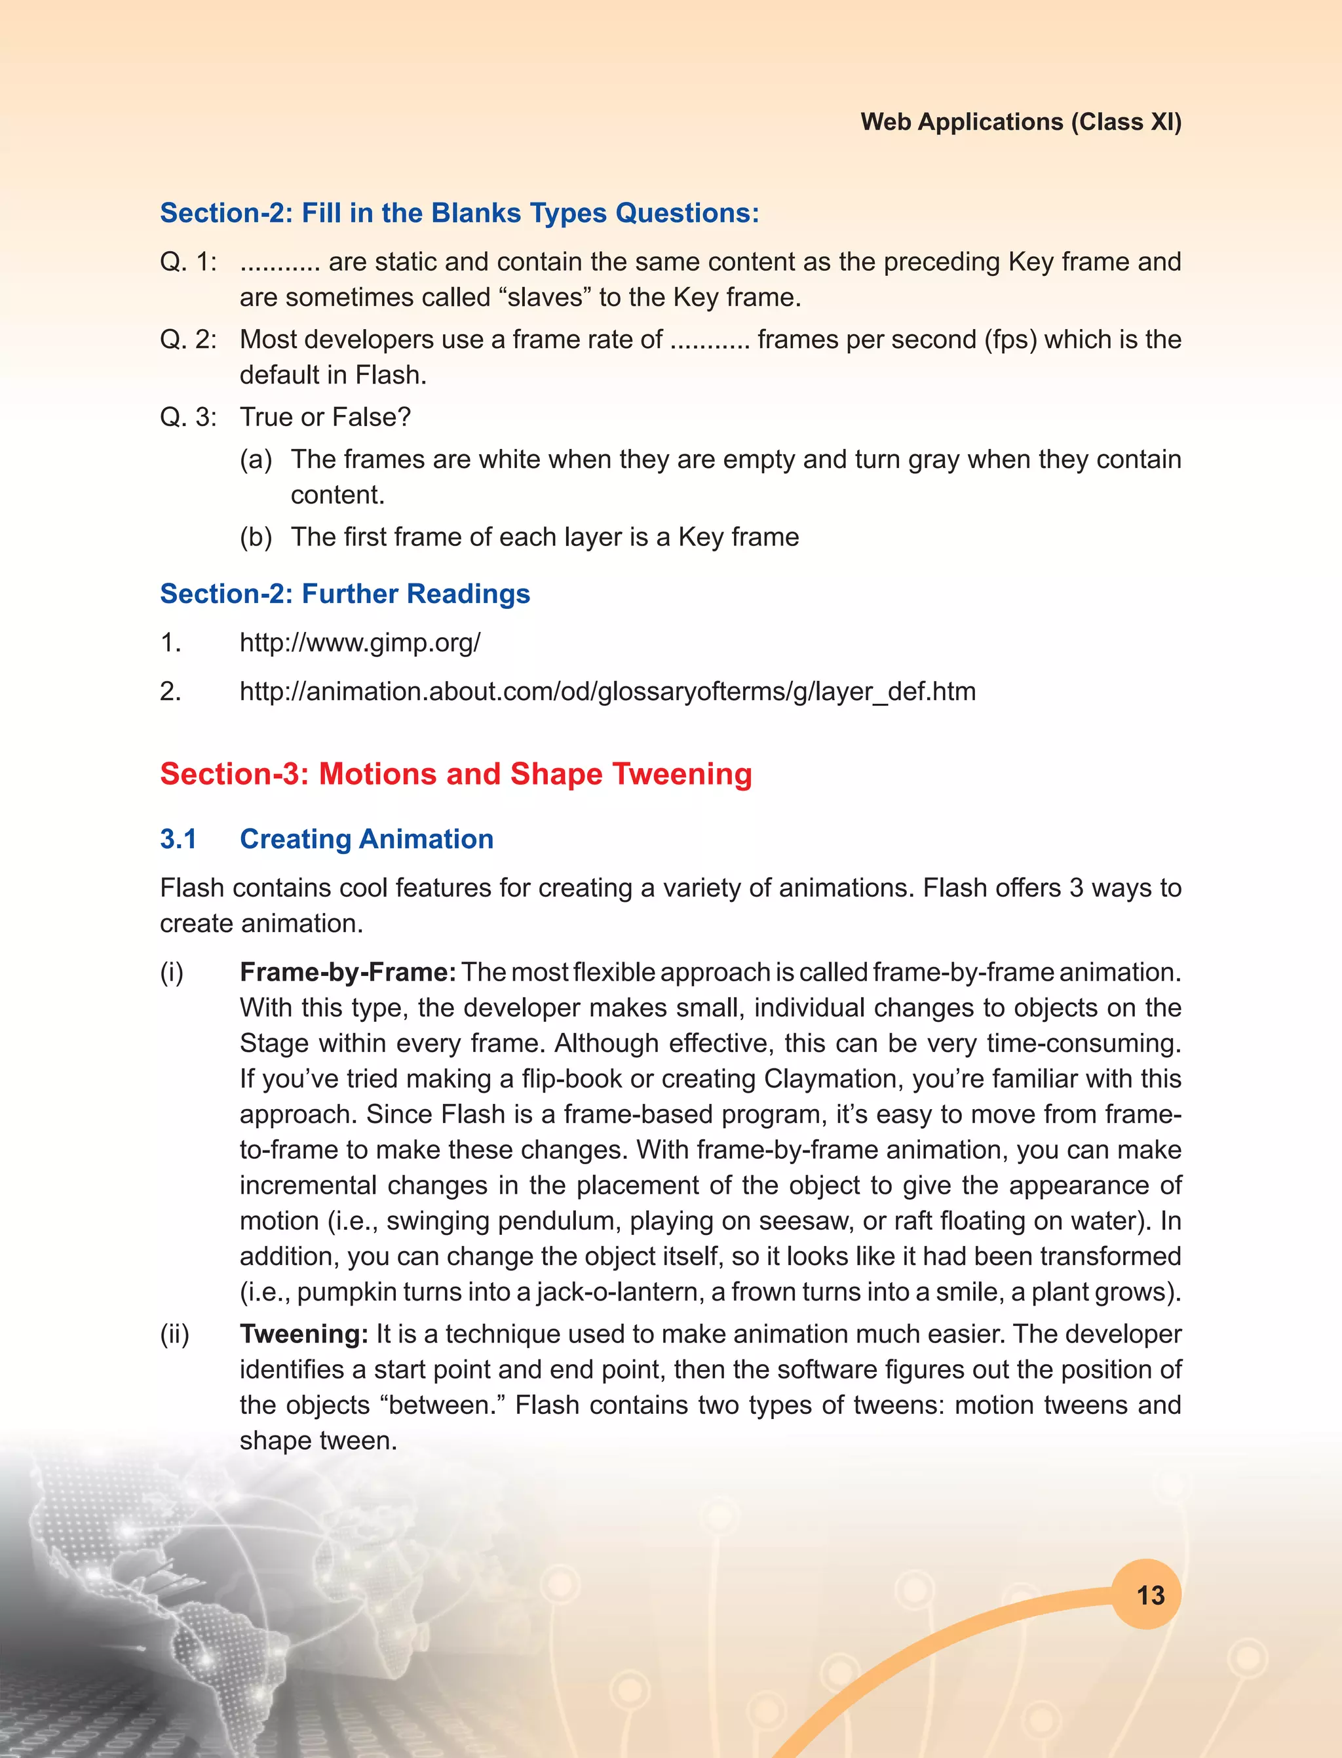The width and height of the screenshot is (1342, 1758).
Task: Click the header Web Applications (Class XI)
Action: click(x=1020, y=121)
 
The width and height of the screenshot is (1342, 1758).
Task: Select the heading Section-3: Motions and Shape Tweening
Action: click(x=455, y=773)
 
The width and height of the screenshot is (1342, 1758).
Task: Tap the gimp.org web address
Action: click(x=360, y=642)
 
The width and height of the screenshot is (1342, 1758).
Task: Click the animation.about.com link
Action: click(x=607, y=692)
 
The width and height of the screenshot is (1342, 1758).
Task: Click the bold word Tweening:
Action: click(x=303, y=1334)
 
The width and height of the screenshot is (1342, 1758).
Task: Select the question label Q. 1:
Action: click(x=187, y=262)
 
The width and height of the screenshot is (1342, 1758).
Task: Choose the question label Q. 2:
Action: click(x=187, y=340)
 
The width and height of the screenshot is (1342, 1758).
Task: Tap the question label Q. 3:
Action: click(x=187, y=417)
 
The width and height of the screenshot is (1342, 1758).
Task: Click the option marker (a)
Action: click(x=256, y=459)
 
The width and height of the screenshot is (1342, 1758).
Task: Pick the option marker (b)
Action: click(x=256, y=537)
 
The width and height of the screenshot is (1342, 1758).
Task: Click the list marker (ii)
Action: click(x=174, y=1334)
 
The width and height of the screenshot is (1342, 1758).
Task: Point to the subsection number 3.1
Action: click(x=178, y=838)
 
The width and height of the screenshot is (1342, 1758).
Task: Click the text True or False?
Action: click(x=325, y=417)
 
